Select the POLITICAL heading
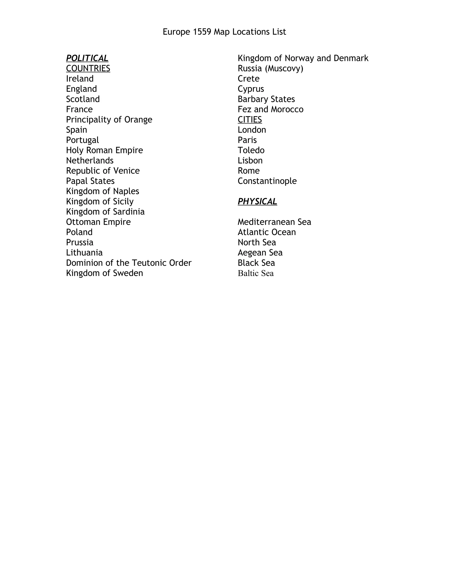pyautogui.click(x=87, y=58)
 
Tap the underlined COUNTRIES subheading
pyautogui.click(x=88, y=68)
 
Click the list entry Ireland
pyautogui.click(x=80, y=79)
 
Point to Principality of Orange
pyautogui.click(x=109, y=120)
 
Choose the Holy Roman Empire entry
pyautogui.click(x=105, y=150)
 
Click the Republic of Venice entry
pyautogui.click(x=103, y=171)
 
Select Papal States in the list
pyautogui.click(x=90, y=181)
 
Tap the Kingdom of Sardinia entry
pyautogui.click(x=105, y=212)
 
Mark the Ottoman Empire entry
pyautogui.click(x=98, y=222)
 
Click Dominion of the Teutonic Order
pyautogui.click(x=129, y=263)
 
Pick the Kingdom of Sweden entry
pyautogui.click(x=105, y=273)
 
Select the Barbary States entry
pyautogui.click(x=266, y=99)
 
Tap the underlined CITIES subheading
pyautogui.click(x=250, y=120)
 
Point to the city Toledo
pyautogui.click(x=251, y=150)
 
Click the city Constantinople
pyautogui.click(x=267, y=181)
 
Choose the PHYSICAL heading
pyautogui.click(x=257, y=202)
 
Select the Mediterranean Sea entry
pyautogui.click(x=274, y=222)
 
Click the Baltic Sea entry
pyautogui.click(x=256, y=273)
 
